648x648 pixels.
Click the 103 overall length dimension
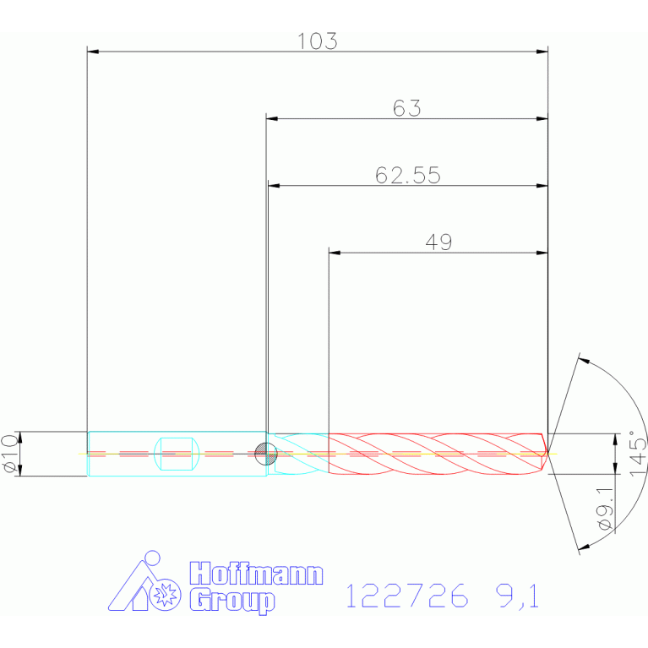(x=318, y=41)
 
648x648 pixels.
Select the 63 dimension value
(x=406, y=108)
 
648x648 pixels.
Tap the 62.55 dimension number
(x=408, y=175)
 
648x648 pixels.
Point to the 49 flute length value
(x=438, y=242)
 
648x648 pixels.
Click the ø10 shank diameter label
(x=10, y=454)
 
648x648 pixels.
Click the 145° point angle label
(x=638, y=454)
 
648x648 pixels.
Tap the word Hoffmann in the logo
(x=256, y=573)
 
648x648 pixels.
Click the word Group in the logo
(x=232, y=602)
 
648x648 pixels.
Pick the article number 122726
(x=407, y=596)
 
